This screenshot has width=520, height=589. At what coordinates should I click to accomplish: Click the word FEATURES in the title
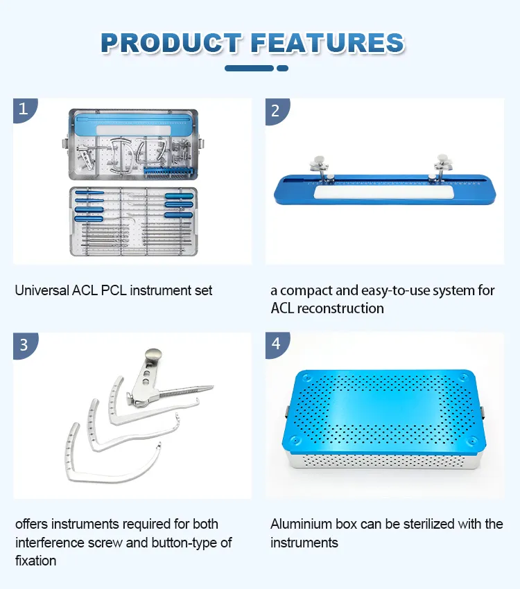click(327, 42)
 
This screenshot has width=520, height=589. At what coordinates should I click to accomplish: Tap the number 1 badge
click(24, 109)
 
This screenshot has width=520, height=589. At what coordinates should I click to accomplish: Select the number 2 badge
click(276, 109)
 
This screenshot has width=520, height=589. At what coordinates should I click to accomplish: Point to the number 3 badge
click(24, 344)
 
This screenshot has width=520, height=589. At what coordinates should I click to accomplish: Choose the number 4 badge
click(276, 344)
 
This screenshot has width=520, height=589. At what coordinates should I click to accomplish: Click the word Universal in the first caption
click(42, 290)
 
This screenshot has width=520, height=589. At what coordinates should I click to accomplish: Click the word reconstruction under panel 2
click(340, 308)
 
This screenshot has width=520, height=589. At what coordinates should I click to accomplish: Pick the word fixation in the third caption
click(35, 560)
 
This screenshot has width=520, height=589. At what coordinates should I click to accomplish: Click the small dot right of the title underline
click(282, 68)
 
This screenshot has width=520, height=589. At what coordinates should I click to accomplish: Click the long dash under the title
click(249, 68)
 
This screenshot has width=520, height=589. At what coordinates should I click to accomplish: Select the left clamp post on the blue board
click(322, 167)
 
